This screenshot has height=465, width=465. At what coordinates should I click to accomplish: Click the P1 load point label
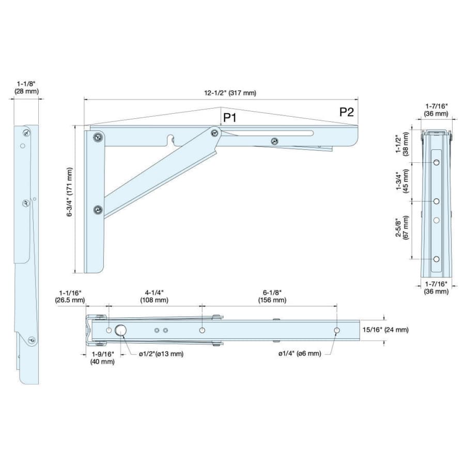[x=230, y=118]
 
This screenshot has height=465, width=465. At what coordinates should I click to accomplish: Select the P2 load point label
[x=347, y=112]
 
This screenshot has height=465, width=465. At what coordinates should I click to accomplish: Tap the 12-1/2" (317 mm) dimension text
[x=230, y=93]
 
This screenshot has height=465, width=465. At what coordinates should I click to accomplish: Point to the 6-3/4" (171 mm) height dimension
[x=69, y=192]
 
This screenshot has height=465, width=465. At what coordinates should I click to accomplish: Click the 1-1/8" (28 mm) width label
[x=26, y=87]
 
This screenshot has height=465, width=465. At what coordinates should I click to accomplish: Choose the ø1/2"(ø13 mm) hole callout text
[x=161, y=354]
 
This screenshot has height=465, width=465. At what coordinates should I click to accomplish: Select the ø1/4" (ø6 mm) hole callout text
[x=300, y=353]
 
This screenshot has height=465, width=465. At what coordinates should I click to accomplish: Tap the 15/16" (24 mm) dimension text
[x=385, y=330]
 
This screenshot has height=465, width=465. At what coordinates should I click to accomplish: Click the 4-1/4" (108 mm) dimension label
[x=154, y=296]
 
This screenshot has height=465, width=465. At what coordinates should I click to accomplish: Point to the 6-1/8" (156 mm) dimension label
[x=272, y=296]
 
